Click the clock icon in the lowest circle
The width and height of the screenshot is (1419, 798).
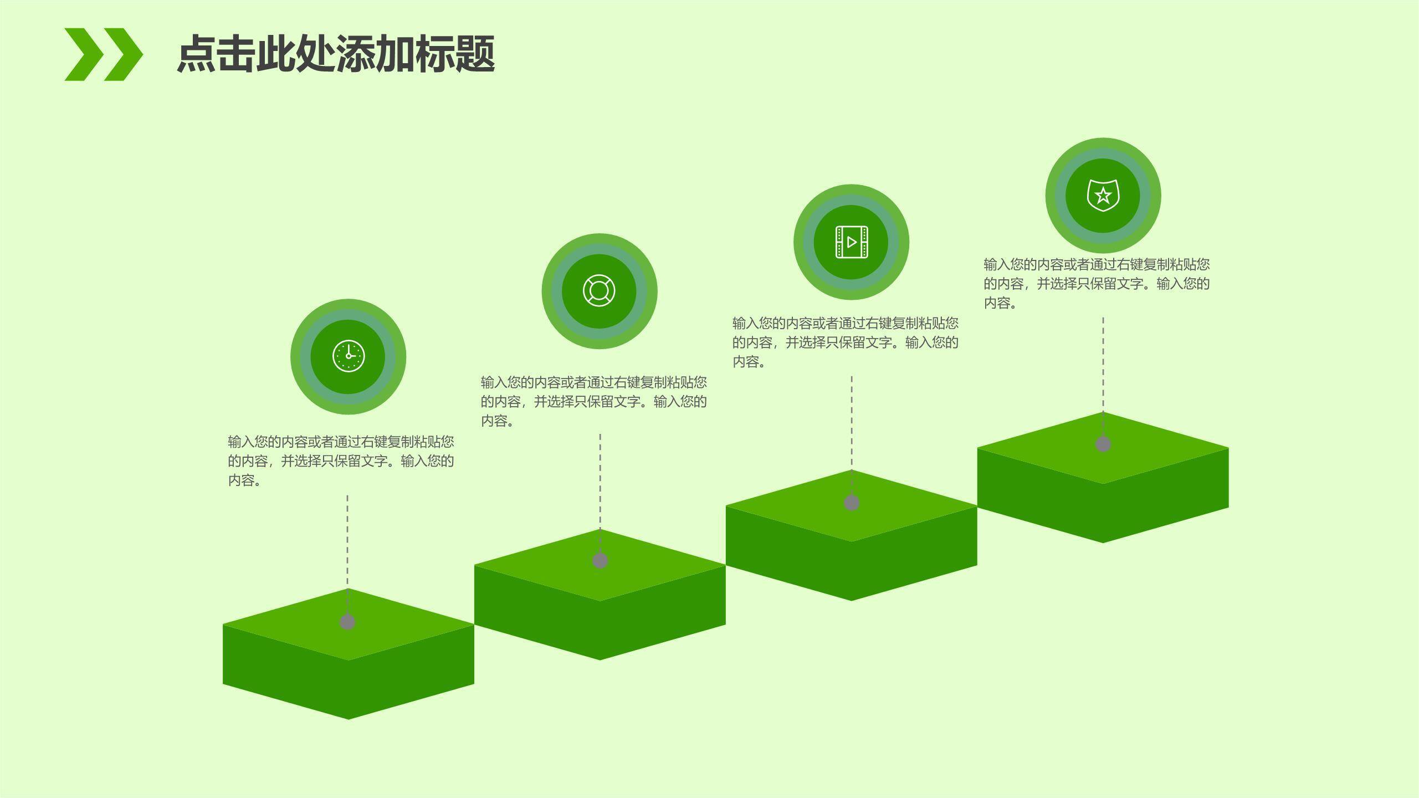point(349,356)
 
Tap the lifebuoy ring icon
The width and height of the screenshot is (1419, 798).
point(599,291)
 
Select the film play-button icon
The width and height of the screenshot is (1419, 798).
point(851,242)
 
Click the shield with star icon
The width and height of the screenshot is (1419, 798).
point(1103,195)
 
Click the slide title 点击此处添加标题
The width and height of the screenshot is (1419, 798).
point(335,54)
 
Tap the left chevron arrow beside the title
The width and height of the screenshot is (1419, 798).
point(83,54)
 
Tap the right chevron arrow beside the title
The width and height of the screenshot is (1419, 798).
point(123,54)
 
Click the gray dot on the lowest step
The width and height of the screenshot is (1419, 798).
point(347,622)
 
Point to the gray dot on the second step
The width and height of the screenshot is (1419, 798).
point(600,560)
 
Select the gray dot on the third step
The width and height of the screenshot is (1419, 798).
point(852,503)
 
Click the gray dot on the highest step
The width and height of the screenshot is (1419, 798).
point(1103,444)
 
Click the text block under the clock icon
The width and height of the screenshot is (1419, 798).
point(341,461)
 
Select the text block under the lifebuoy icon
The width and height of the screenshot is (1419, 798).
point(593,401)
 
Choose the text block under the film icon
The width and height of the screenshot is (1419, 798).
point(845,342)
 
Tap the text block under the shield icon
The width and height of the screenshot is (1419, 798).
point(1097,283)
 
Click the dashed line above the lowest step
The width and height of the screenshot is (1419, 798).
point(347,543)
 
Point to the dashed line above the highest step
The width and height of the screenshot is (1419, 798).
point(1103,366)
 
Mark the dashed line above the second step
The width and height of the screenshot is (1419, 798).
point(600,482)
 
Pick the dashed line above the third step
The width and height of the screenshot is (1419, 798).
point(852,424)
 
